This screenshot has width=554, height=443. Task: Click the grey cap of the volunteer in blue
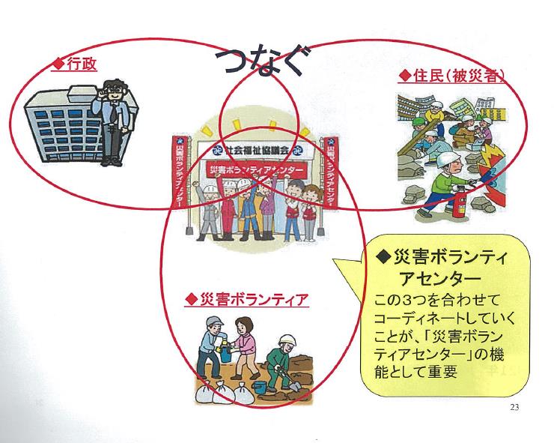pos(215,321)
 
